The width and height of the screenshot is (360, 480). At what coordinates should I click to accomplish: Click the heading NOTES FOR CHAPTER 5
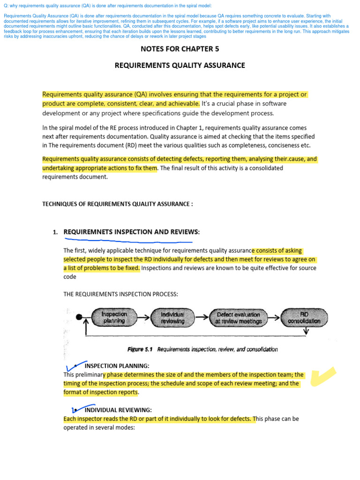[180, 48]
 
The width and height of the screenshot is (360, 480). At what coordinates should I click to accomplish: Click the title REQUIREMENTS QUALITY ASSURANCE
[180, 65]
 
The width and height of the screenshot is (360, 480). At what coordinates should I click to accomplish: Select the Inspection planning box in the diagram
[114, 317]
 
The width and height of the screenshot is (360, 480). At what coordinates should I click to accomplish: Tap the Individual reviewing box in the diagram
[172, 317]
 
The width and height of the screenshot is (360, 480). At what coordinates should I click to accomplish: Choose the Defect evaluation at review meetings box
[238, 317]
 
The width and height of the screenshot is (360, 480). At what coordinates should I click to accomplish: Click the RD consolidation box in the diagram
[304, 317]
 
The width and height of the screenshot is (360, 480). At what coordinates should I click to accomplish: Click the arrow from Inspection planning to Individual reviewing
[143, 317]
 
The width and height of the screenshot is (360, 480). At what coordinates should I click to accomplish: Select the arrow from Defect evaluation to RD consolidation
[273, 317]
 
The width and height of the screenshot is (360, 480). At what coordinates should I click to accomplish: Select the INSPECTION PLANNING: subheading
[117, 366]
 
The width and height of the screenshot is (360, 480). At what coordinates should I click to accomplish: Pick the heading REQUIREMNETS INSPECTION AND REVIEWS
[131, 232]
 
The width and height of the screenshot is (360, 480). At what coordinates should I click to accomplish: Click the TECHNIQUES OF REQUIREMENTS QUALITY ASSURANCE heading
[117, 204]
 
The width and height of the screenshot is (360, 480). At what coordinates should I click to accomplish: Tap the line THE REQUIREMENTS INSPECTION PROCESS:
[120, 294]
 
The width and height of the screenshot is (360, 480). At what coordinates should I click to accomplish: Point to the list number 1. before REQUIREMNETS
[55, 232]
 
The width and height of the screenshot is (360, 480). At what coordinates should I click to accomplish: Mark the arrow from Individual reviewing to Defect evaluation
[203, 317]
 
